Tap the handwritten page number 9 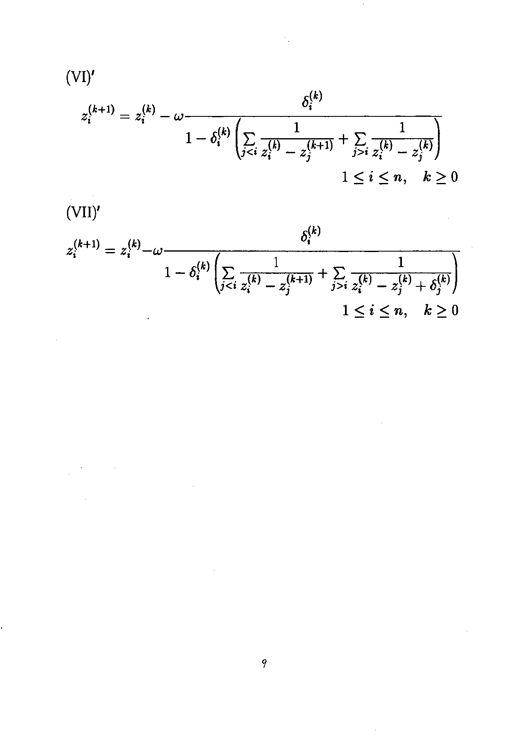click(x=264, y=663)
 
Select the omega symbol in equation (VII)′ click(x=158, y=252)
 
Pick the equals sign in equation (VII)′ click(x=110, y=251)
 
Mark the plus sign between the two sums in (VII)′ click(x=323, y=273)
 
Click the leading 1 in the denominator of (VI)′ click(x=189, y=139)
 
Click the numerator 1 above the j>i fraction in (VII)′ click(x=401, y=262)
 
